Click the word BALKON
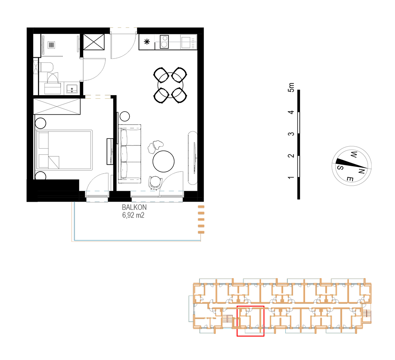[x=134, y=207]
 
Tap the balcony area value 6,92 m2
[x=133, y=215]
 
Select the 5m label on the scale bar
[x=291, y=87]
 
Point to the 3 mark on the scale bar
[x=291, y=134]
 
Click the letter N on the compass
[x=361, y=171]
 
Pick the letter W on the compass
[x=354, y=154]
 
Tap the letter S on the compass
[x=340, y=167]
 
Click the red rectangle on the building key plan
[x=250, y=321]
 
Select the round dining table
[x=170, y=85]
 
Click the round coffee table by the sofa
[x=164, y=161]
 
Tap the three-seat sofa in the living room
[x=130, y=154]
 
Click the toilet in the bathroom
[x=46, y=68]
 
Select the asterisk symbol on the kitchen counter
[x=147, y=42]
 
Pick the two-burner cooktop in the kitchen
[x=164, y=42]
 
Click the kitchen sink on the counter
[x=186, y=42]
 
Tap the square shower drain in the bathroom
[x=52, y=45]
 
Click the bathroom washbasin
[x=72, y=89]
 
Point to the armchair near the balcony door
[x=155, y=183]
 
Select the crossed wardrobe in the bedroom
[x=57, y=106]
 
